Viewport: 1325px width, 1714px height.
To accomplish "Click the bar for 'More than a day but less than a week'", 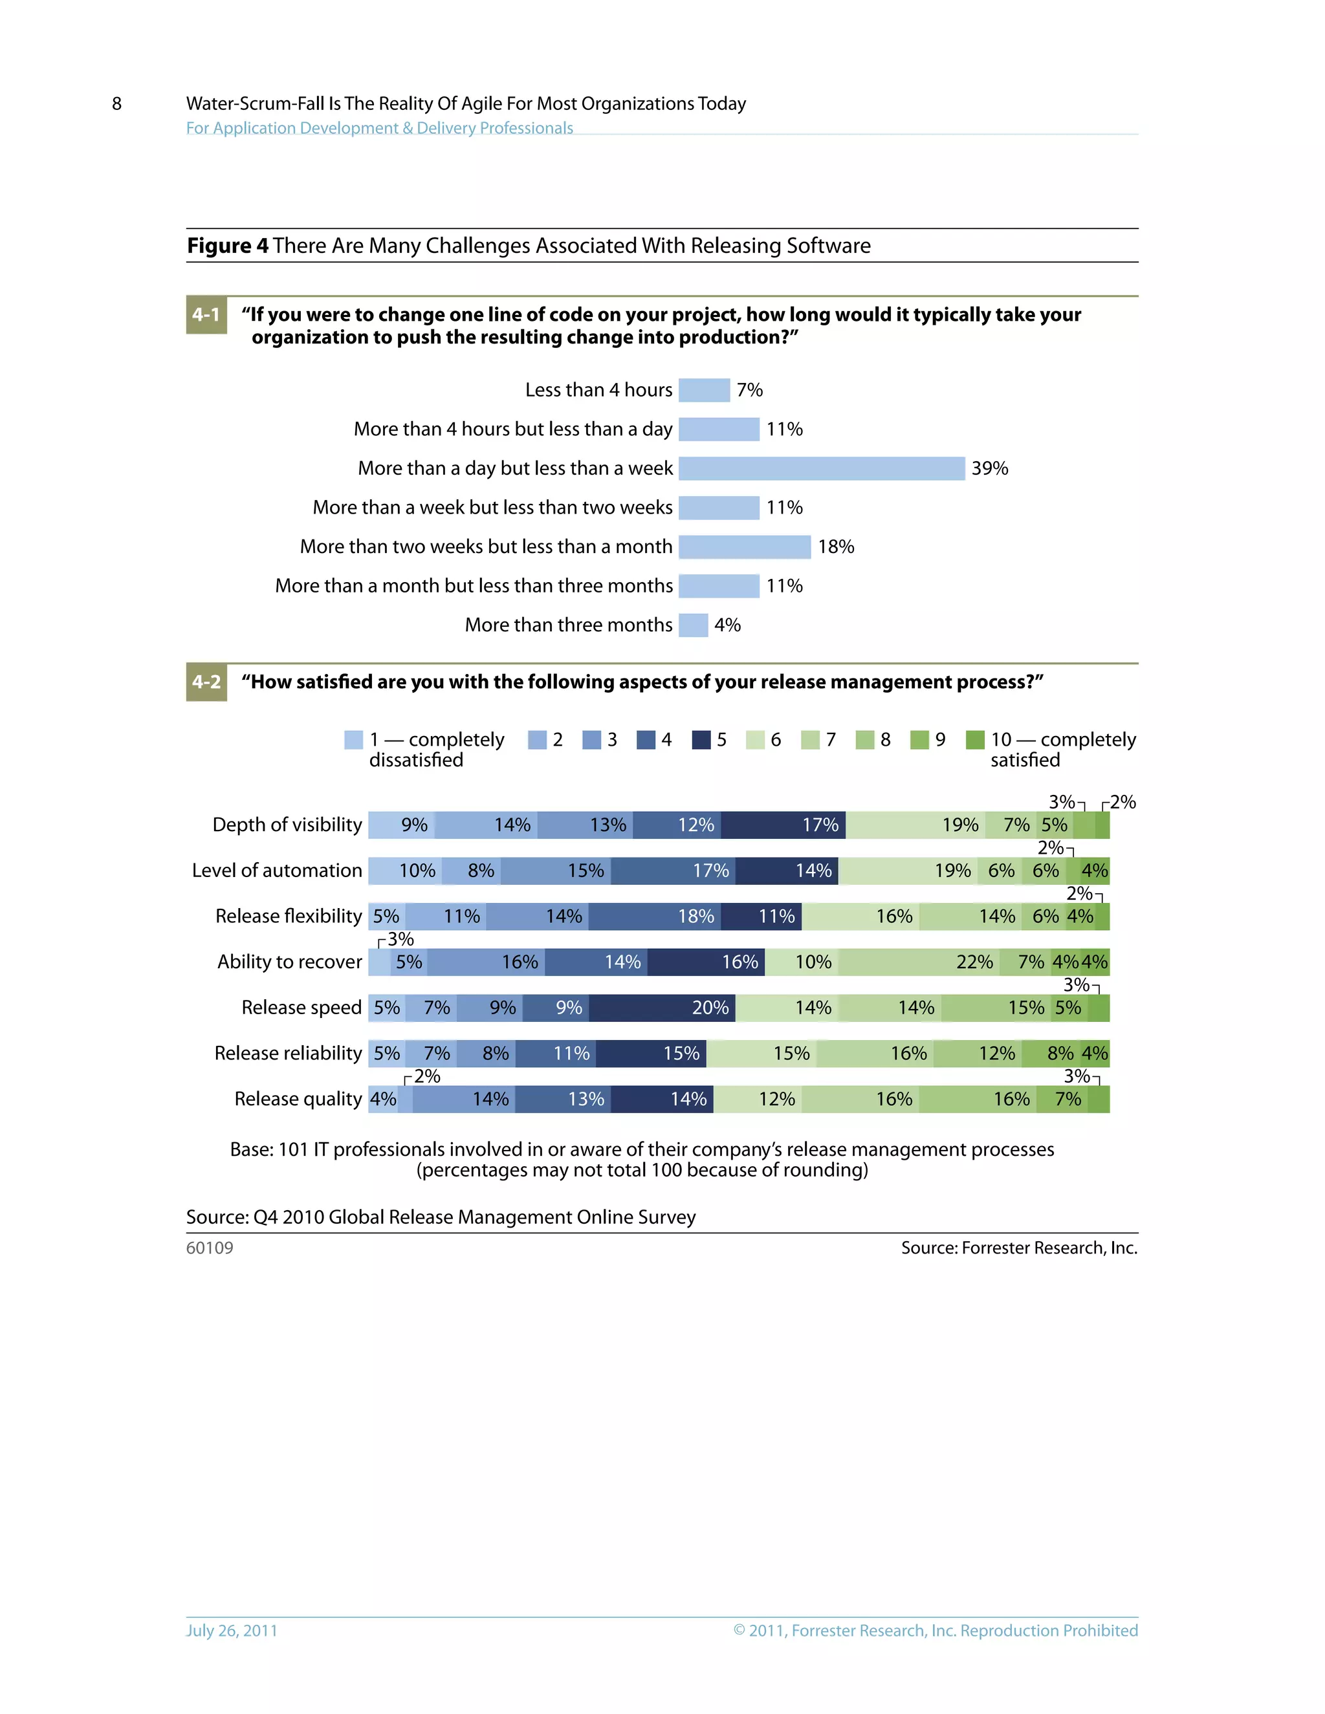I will (x=821, y=468).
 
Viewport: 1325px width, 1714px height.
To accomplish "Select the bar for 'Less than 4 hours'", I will (x=704, y=390).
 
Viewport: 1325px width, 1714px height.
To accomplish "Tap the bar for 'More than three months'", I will (x=693, y=625).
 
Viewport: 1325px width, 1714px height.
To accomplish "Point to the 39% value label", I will (x=989, y=468).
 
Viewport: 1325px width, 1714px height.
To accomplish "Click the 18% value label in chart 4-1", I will (x=835, y=547).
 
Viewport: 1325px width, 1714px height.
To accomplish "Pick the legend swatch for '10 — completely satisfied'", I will (x=974, y=740).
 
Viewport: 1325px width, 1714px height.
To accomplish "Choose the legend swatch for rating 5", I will (x=701, y=740).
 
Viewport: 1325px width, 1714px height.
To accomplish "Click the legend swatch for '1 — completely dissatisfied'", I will (x=353, y=740).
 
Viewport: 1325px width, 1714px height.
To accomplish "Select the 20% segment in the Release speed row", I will (x=662, y=1008).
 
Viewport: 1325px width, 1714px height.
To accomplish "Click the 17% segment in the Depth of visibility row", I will (x=783, y=825).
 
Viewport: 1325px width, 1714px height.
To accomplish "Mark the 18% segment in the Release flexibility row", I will (x=654, y=917).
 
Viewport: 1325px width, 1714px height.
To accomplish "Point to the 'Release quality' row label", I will (x=298, y=1099).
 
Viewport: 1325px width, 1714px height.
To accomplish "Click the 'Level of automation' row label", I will (x=276, y=871).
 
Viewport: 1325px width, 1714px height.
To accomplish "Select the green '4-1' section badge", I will (x=206, y=315).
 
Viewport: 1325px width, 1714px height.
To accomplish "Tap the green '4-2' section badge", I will (x=206, y=682).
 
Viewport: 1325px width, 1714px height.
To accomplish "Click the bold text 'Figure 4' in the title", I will (x=228, y=246).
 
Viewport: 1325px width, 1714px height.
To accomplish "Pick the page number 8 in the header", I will (x=117, y=103).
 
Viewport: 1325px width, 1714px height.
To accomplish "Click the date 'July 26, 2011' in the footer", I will (x=232, y=1630).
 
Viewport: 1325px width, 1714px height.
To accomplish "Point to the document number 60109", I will (x=210, y=1248).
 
